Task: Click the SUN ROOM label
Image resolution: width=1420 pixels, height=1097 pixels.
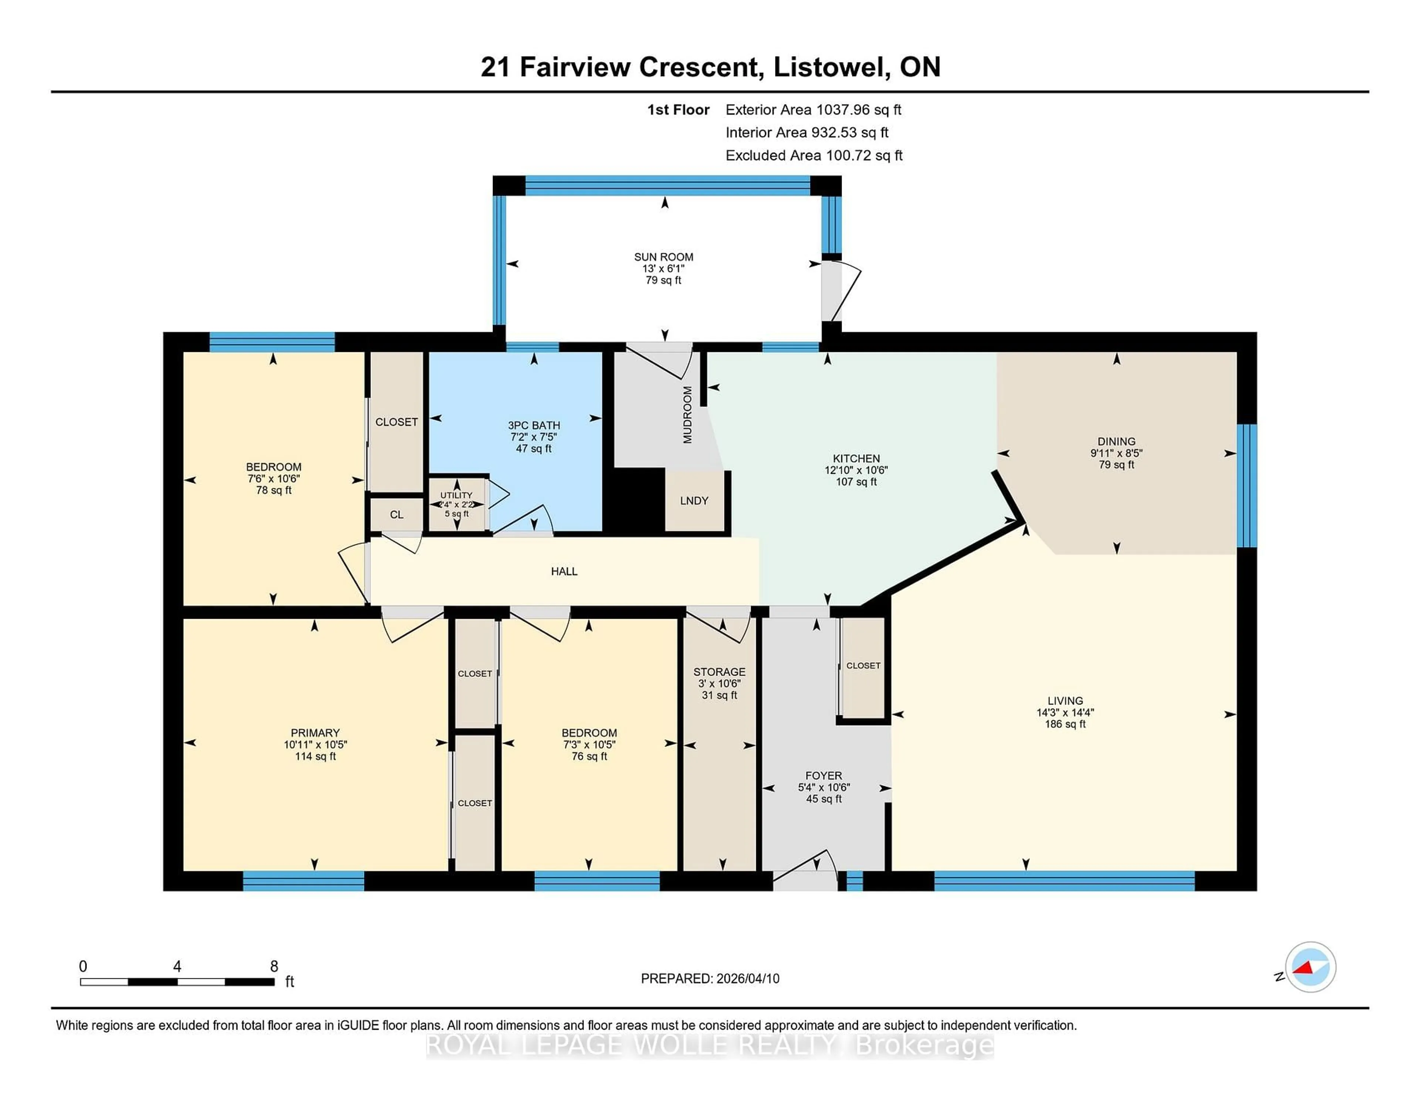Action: [663, 257]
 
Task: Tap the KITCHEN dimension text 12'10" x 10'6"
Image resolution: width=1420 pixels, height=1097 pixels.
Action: [856, 470]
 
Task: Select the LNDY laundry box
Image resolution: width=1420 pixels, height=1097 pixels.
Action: [694, 500]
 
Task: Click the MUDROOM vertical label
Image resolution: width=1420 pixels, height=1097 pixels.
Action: [687, 415]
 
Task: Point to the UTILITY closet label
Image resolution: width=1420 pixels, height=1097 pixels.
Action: [456, 495]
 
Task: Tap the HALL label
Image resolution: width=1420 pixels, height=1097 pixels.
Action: [564, 571]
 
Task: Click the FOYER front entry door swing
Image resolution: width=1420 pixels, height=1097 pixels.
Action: [805, 867]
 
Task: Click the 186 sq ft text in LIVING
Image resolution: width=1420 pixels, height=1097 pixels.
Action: [1065, 724]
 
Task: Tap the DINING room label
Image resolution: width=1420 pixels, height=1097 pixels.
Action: [1116, 441]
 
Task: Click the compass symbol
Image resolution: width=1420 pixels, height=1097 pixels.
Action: [1310, 967]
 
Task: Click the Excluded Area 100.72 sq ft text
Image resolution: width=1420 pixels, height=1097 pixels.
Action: [814, 155]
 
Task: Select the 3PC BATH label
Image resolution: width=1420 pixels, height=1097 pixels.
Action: [534, 425]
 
